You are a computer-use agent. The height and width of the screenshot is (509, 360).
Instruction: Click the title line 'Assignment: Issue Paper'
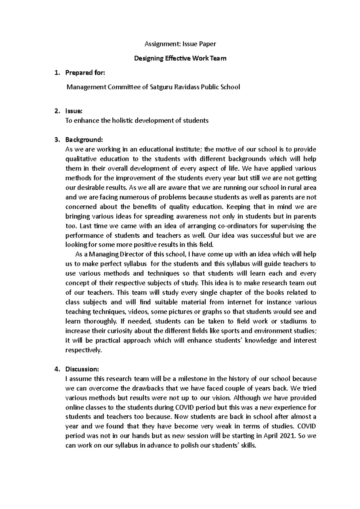point(180,44)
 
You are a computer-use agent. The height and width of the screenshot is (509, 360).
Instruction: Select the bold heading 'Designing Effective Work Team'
point(180,58)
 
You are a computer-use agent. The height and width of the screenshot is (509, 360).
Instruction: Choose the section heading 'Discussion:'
point(82,369)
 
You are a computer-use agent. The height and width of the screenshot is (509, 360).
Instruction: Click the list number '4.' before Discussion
point(57,369)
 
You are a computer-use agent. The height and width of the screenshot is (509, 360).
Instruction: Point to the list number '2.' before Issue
point(57,111)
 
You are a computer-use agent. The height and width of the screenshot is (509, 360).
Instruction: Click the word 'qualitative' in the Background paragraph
point(81,159)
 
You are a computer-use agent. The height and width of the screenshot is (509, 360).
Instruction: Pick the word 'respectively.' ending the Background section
point(84,350)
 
